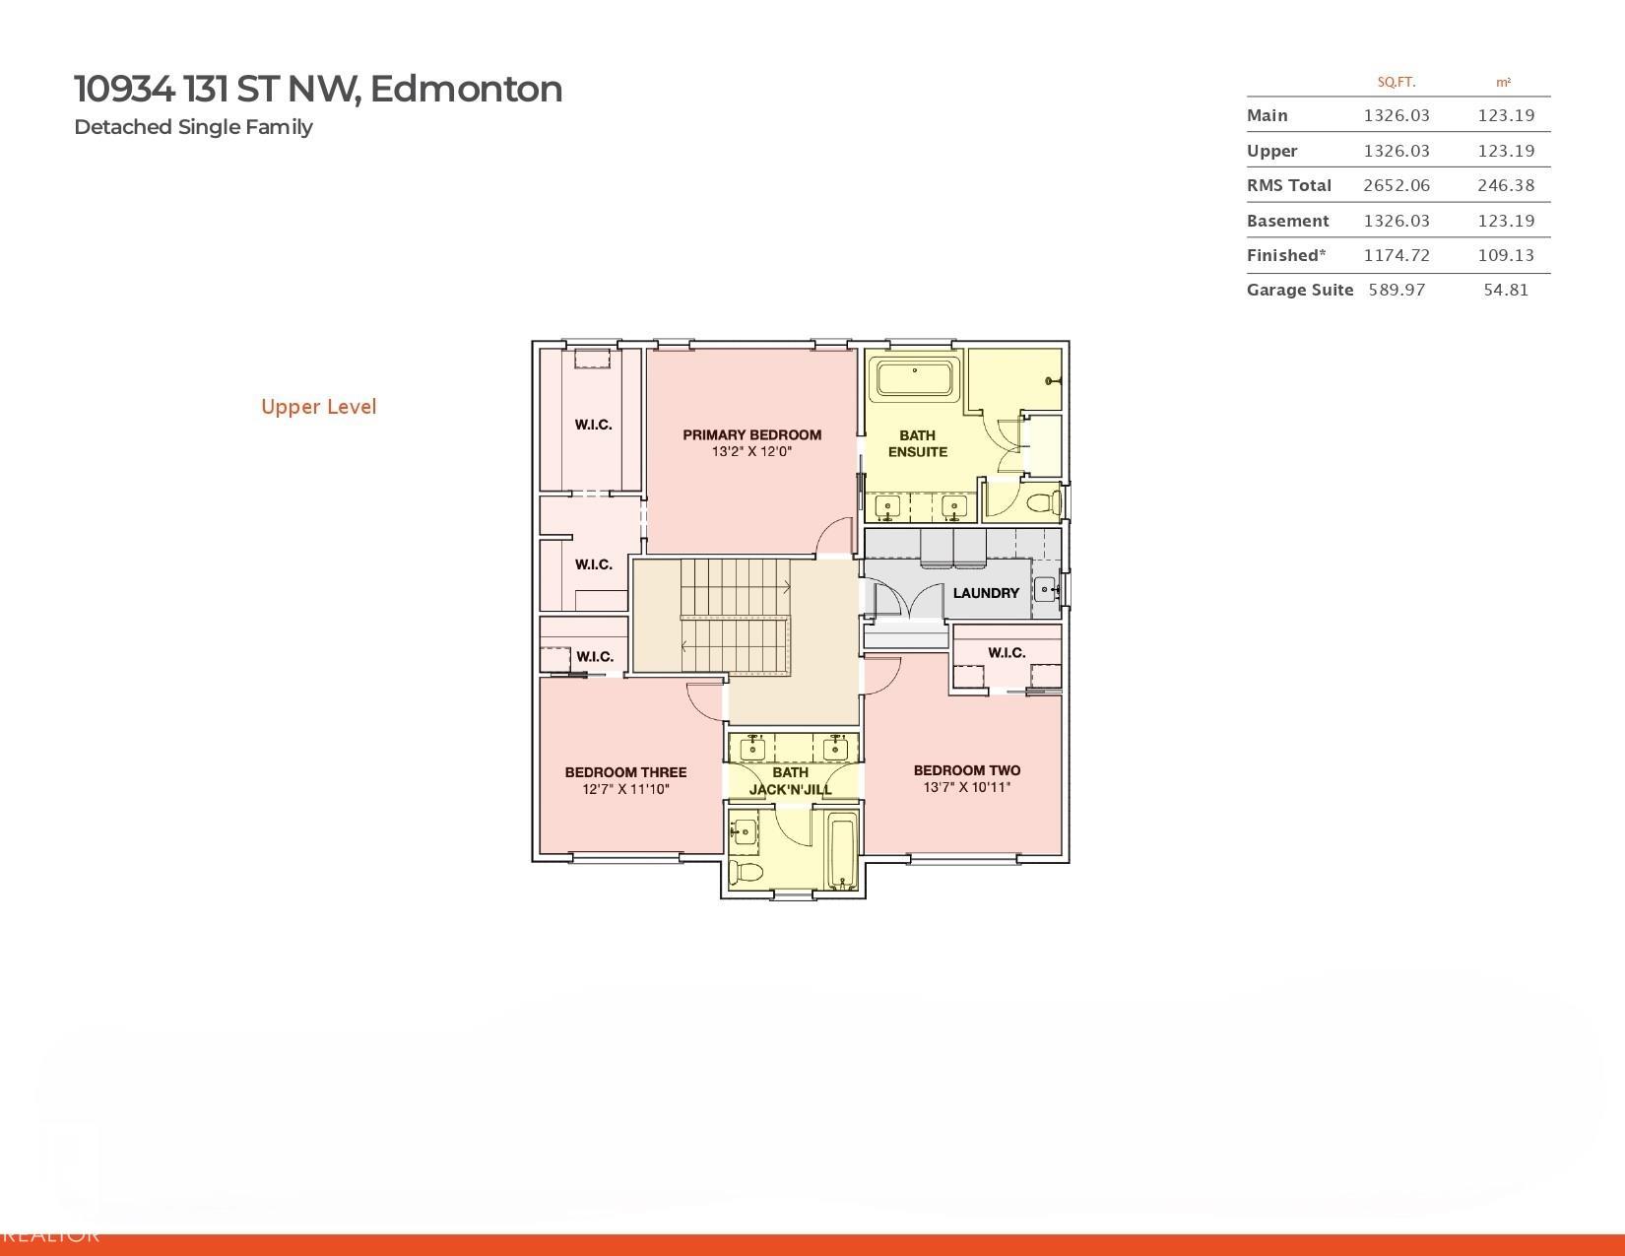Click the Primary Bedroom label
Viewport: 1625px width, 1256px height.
click(751, 434)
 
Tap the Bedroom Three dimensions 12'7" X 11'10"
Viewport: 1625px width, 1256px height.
click(625, 789)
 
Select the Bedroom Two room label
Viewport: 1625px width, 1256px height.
click(966, 770)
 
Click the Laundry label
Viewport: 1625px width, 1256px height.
click(986, 593)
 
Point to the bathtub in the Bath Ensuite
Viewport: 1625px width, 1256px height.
click(916, 379)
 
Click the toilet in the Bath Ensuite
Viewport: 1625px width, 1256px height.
click(1042, 503)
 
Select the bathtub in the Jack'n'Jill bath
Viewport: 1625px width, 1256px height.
click(843, 849)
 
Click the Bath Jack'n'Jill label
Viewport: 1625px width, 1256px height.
click(790, 781)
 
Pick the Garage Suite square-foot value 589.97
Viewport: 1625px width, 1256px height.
click(1397, 290)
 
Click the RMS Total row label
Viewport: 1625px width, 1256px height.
click(1288, 185)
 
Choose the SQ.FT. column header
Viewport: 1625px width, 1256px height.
click(1396, 83)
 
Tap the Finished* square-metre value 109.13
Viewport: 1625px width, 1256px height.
click(1506, 255)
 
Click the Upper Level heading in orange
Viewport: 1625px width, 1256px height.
click(318, 407)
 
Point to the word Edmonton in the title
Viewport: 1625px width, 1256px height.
click(466, 89)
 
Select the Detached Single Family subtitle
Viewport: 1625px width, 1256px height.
click(193, 127)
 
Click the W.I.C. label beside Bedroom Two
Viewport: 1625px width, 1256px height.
click(1007, 652)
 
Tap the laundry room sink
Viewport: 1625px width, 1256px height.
click(1045, 591)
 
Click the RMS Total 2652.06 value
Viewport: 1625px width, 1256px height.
click(1396, 185)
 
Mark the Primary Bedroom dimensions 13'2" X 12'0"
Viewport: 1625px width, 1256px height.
click(751, 452)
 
